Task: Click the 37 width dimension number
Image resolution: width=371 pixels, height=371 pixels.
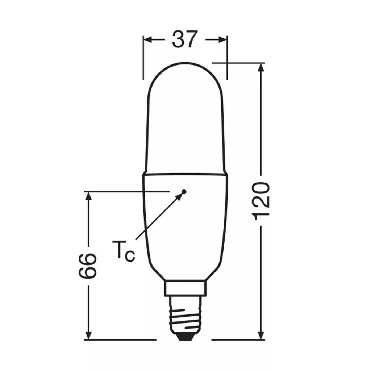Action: (184, 39)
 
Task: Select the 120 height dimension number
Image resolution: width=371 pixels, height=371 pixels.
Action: (261, 201)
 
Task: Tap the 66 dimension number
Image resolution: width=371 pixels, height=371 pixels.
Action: (88, 266)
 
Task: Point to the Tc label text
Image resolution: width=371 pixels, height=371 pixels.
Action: (123, 251)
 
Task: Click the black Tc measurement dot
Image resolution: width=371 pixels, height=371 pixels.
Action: (184, 191)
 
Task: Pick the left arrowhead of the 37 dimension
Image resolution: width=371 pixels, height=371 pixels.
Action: (147, 40)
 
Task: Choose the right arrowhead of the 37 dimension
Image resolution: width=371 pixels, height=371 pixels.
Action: (223, 40)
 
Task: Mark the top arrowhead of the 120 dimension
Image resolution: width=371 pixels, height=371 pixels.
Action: (261, 67)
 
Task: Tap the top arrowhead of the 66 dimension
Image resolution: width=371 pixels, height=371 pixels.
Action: (88, 196)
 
